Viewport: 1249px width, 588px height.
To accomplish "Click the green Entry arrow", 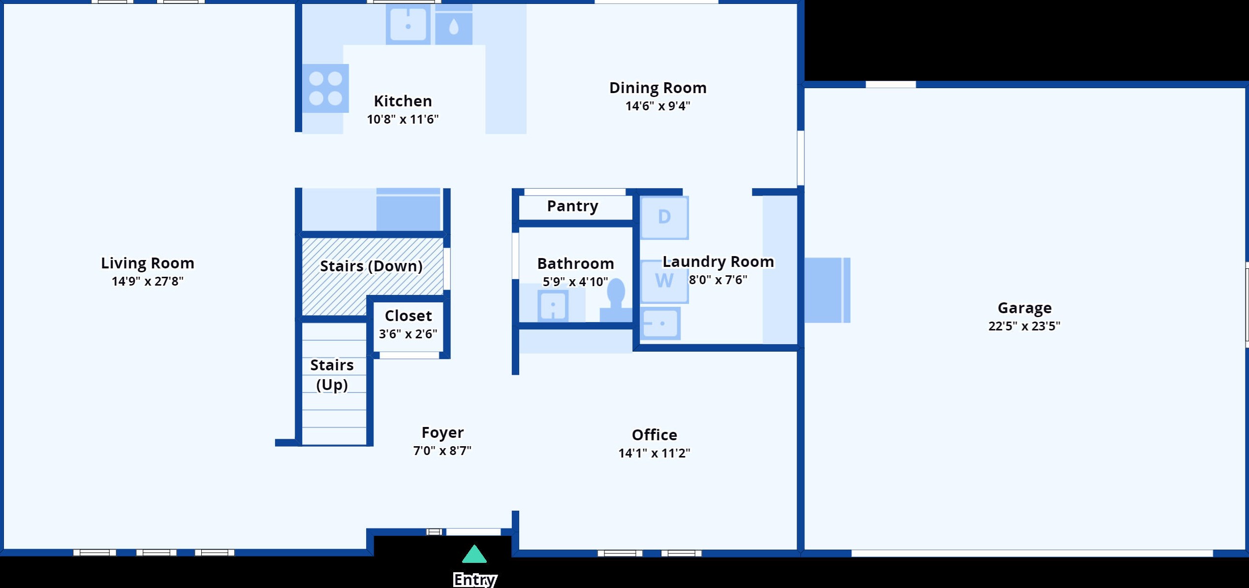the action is [474, 554].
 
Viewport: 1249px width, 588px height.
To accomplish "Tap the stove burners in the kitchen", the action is [325, 88].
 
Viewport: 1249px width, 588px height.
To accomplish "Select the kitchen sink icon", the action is [408, 24].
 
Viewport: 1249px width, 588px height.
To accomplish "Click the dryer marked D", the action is [664, 218].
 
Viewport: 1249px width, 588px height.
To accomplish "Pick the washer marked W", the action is [664, 281].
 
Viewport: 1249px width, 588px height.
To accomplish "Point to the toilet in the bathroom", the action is [616, 300].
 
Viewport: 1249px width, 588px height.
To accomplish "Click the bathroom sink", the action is [553, 305].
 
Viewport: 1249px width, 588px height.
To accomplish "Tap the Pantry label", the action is [573, 206].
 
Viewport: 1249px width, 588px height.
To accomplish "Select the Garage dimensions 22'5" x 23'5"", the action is [1024, 326].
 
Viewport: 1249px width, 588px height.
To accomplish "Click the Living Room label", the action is [148, 263].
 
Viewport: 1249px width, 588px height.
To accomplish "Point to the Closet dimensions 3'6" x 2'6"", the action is [408, 334].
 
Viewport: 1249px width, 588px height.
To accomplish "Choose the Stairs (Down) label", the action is [372, 266].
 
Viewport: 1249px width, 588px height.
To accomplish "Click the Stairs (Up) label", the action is [332, 375].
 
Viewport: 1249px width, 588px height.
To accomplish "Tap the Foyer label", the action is [442, 432].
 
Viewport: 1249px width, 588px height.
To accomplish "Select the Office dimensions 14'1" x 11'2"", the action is [654, 453].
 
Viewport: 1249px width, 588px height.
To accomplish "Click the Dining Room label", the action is [658, 88].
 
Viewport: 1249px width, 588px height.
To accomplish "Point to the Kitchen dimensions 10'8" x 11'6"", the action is [403, 119].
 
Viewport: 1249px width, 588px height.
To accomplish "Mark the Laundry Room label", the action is [718, 261].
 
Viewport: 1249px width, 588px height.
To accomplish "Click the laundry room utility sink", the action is [661, 324].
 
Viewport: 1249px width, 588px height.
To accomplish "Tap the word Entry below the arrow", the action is [475, 580].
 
